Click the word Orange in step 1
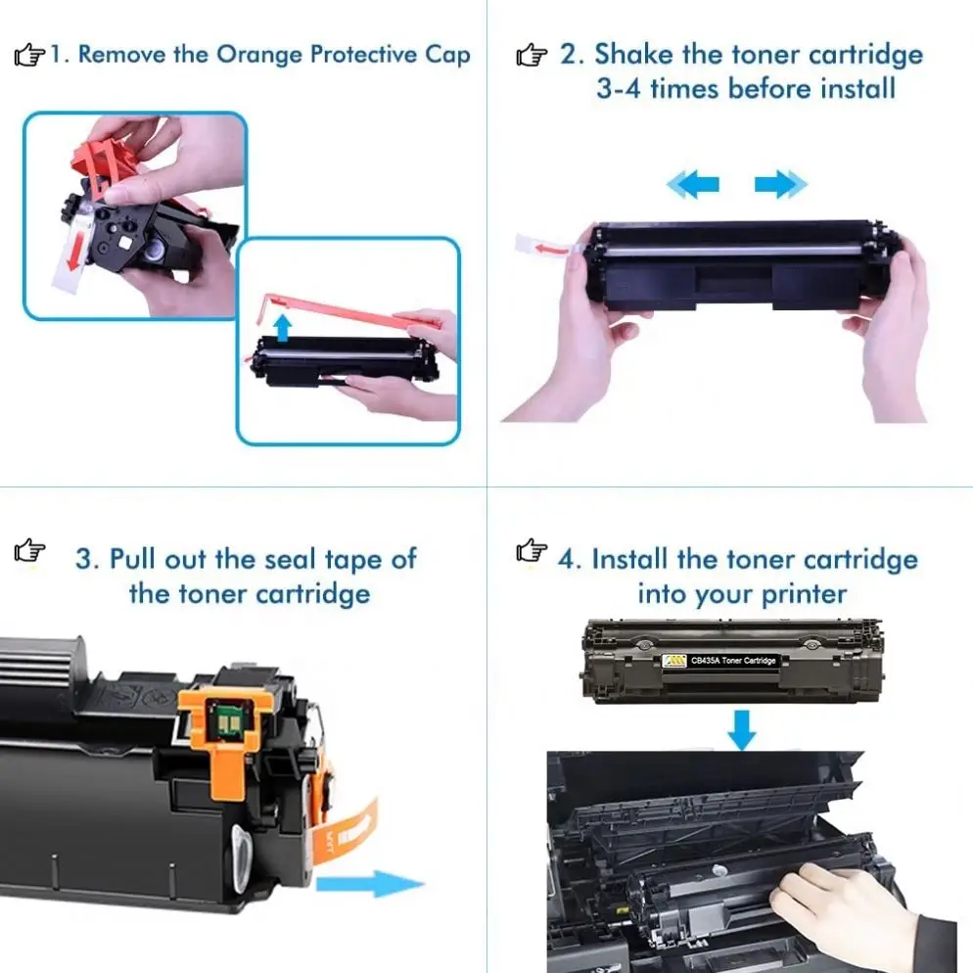point(260,55)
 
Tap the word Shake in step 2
point(633,54)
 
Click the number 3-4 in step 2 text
point(618,89)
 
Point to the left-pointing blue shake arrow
point(693,184)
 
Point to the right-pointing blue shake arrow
point(780,184)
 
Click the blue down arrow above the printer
point(742,730)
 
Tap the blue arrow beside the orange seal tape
point(370,883)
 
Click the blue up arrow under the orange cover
point(283,328)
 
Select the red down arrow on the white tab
point(73,252)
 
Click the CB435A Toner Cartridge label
point(719,661)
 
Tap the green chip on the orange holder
point(222,720)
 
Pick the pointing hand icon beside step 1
point(29,55)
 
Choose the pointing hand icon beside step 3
point(29,550)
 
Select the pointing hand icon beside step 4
point(532,550)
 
